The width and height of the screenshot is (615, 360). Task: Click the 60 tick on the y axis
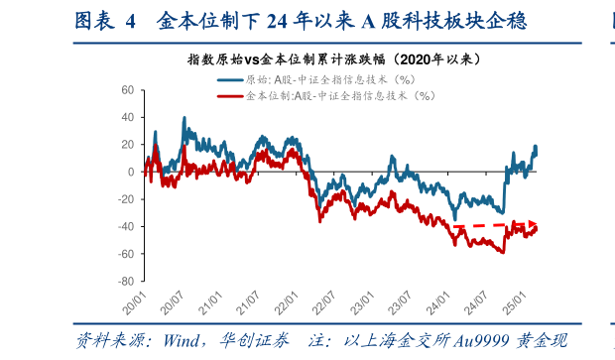[x=126, y=89]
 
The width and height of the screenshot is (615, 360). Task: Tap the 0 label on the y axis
[x=130, y=172]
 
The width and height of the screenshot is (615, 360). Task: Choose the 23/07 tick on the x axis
[x=401, y=298]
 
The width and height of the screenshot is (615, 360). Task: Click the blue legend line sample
[x=228, y=79]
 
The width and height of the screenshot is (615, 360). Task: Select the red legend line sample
[x=228, y=95]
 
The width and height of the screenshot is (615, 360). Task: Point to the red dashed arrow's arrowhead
[x=534, y=225]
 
